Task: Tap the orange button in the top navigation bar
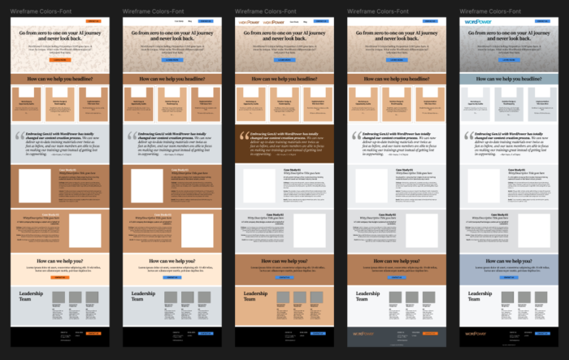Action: pos(94,21)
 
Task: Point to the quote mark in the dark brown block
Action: pos(243,137)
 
